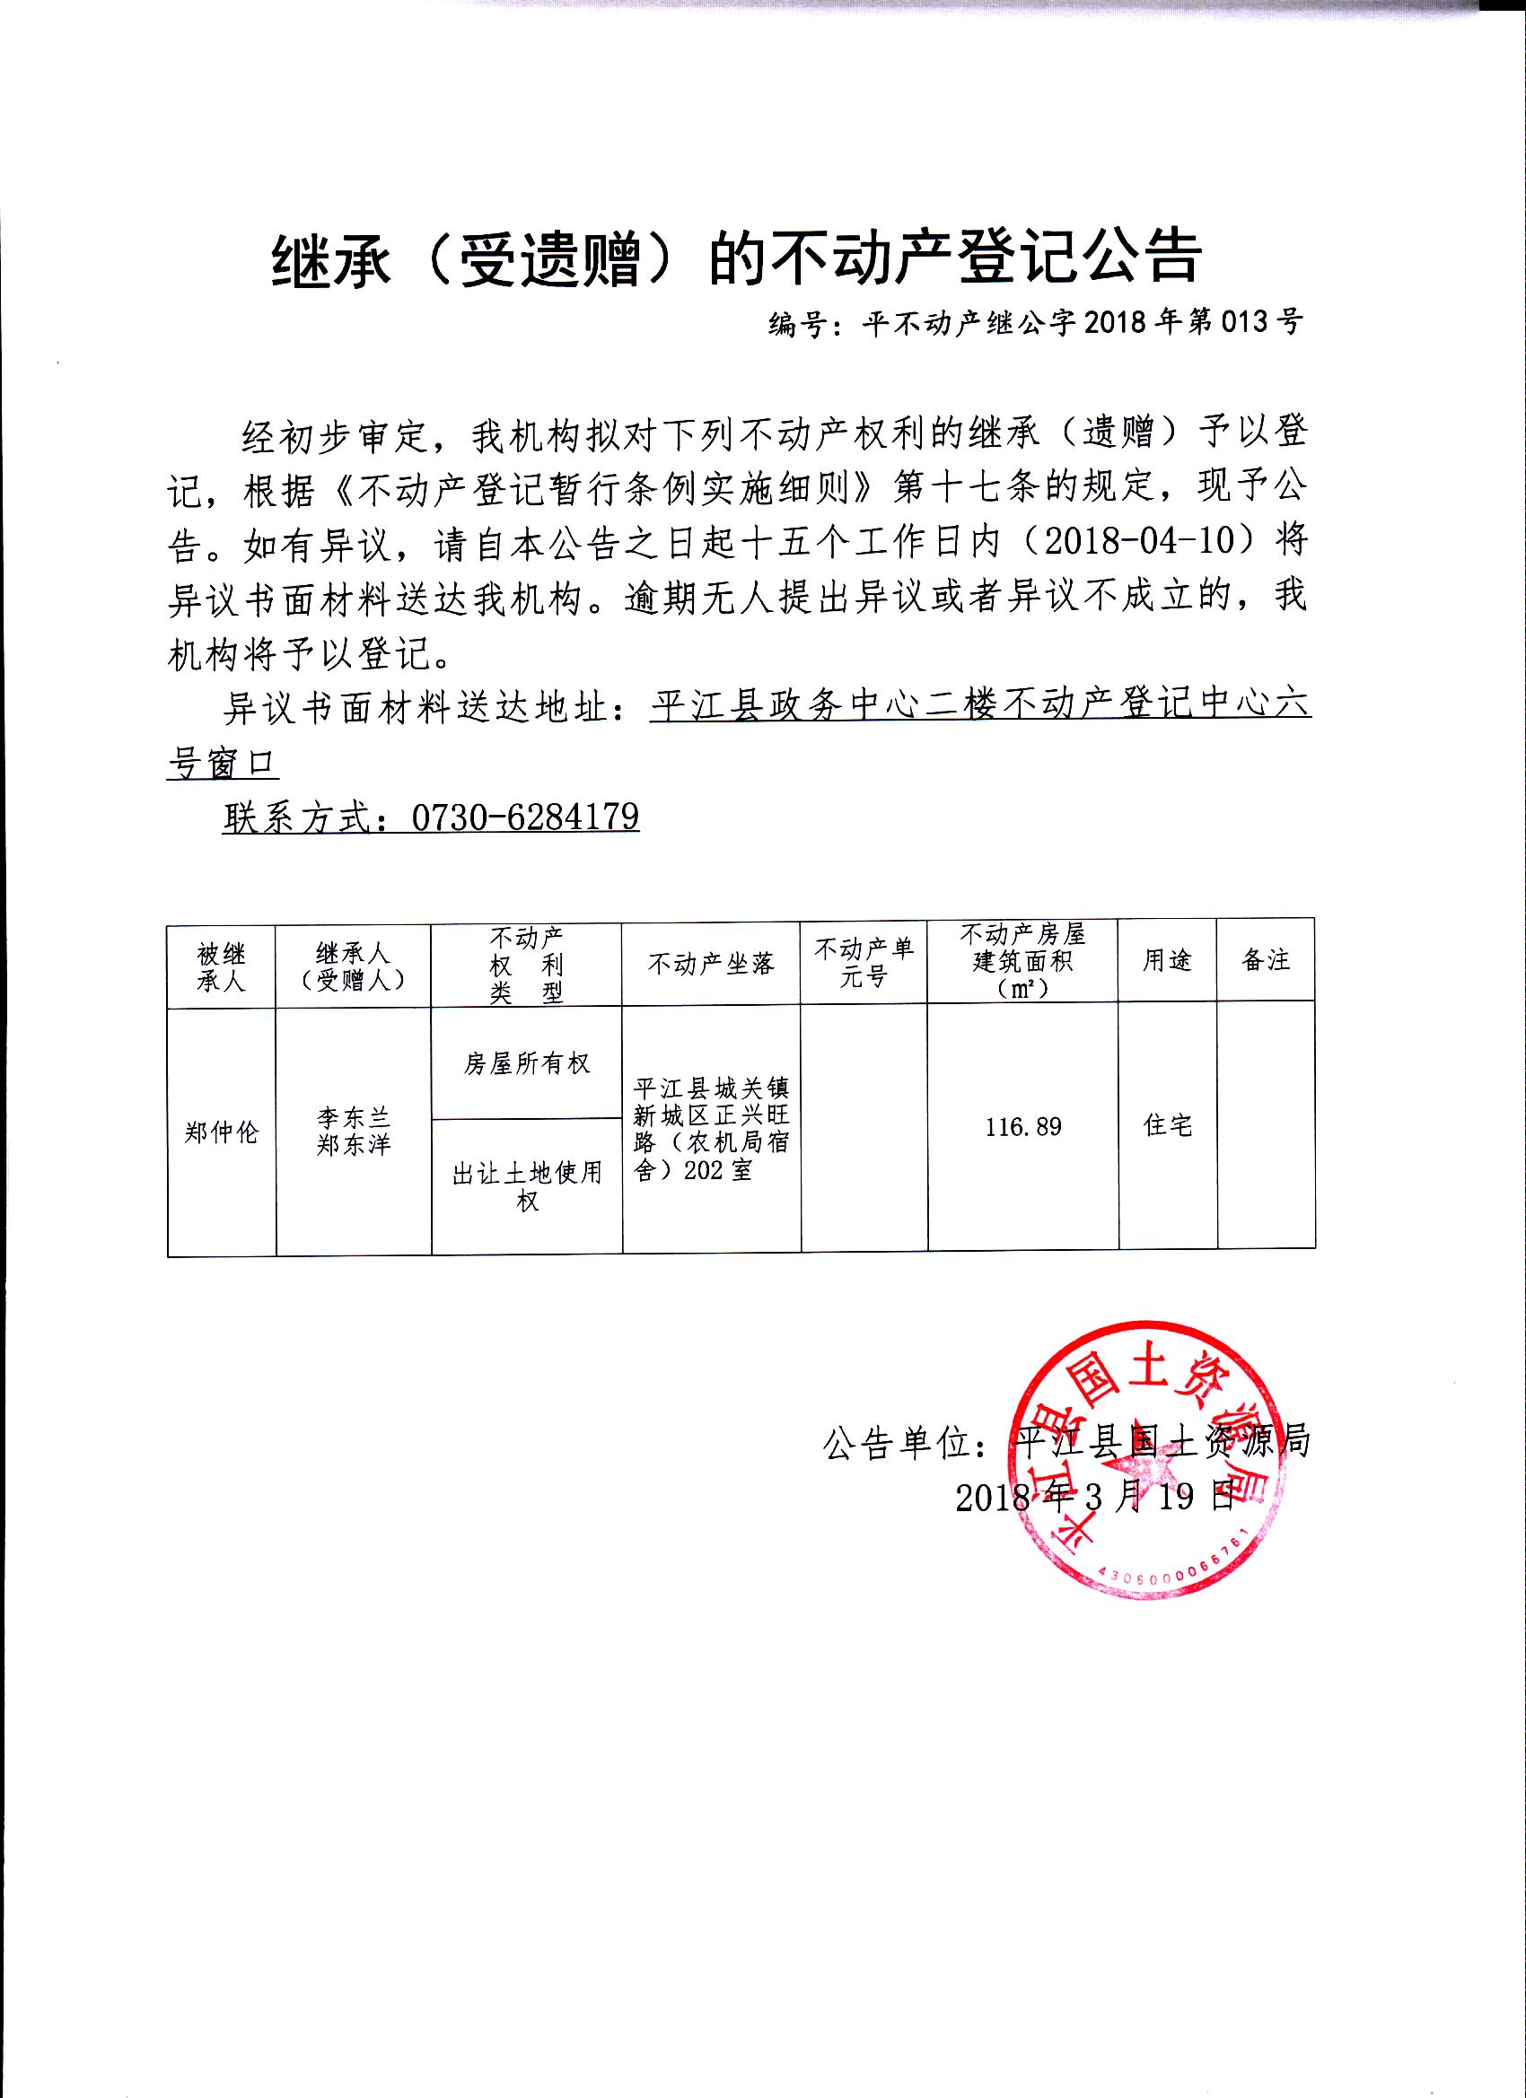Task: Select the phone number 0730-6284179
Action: [525, 817]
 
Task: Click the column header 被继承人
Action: [221, 966]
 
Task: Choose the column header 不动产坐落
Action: [711, 964]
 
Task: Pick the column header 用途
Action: [1167, 960]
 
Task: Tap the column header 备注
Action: [1265, 960]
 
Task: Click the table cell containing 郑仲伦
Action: [221, 1132]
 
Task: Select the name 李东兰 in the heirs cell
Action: [354, 1117]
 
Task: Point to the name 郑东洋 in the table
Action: [354, 1145]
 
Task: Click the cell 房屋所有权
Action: [527, 1063]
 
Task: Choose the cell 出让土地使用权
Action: [527, 1187]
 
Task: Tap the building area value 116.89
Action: [1023, 1127]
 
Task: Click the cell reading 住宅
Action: [1168, 1125]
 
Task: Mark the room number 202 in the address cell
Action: [706, 1170]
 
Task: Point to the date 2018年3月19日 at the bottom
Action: [1096, 1497]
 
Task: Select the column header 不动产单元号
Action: [864, 962]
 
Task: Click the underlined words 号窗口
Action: [222, 764]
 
